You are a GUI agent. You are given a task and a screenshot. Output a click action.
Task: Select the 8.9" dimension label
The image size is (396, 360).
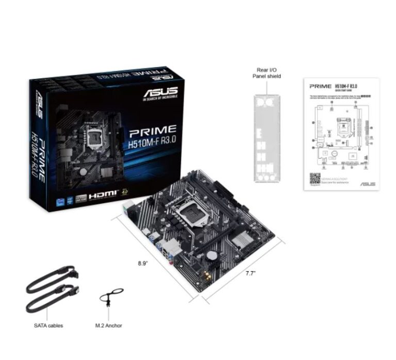tap(143, 263)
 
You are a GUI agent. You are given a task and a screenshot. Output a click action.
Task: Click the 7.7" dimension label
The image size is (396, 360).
tap(251, 273)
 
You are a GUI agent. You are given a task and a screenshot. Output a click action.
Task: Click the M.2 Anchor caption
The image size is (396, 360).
tap(109, 325)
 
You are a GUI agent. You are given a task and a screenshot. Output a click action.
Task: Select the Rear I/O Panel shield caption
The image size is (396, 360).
tap(267, 73)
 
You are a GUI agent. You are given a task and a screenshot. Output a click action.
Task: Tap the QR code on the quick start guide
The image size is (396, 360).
tap(315, 178)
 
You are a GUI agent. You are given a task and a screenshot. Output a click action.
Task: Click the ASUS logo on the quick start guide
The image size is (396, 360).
tap(368, 184)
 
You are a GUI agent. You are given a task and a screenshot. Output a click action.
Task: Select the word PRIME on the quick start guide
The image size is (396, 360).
tap(320, 86)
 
